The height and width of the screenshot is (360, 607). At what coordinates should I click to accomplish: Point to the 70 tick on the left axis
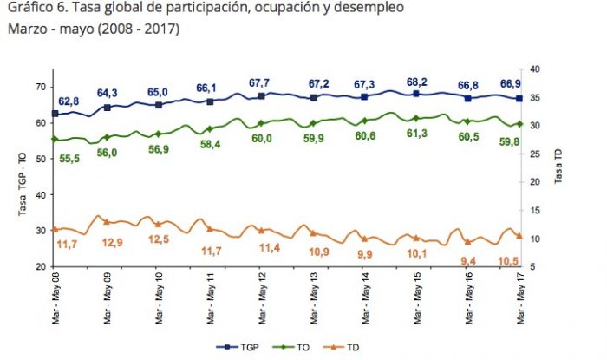[41, 87]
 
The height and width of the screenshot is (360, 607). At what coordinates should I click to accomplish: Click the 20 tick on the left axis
[41, 266]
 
